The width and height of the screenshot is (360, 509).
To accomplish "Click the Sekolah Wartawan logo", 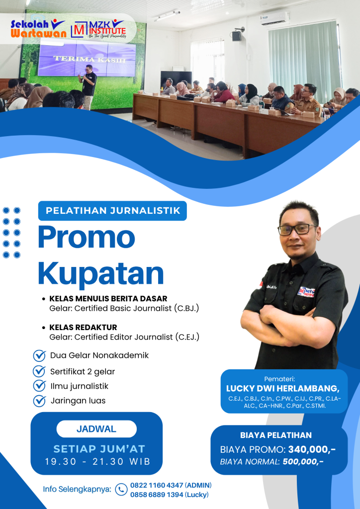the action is [38, 29].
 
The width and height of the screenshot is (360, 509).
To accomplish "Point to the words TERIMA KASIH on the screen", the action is [90, 59].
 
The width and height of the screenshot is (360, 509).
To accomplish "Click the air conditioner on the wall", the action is [275, 18].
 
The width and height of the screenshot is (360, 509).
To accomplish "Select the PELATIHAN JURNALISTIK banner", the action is [112, 211].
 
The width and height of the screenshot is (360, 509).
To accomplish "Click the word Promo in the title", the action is [87, 237].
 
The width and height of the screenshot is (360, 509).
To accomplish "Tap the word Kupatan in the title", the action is [101, 274].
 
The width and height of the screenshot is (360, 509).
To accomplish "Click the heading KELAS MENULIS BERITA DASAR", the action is [108, 298].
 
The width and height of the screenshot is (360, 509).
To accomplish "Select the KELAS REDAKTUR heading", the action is [83, 327].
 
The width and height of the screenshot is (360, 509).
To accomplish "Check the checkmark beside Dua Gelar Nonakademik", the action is [39, 355].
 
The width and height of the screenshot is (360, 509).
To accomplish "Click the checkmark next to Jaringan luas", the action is [39, 401].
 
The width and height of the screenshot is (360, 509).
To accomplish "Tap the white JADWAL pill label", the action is [96, 429].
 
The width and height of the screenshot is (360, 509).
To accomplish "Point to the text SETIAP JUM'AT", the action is [99, 449].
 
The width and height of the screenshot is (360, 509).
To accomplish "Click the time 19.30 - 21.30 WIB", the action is [98, 462].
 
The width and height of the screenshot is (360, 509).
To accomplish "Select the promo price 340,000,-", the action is [312, 449].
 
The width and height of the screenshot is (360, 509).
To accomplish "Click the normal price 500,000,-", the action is [303, 462].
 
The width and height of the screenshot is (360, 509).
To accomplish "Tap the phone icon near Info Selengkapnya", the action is [121, 490].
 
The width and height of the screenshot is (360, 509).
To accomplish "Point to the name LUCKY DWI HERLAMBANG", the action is [282, 389].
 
